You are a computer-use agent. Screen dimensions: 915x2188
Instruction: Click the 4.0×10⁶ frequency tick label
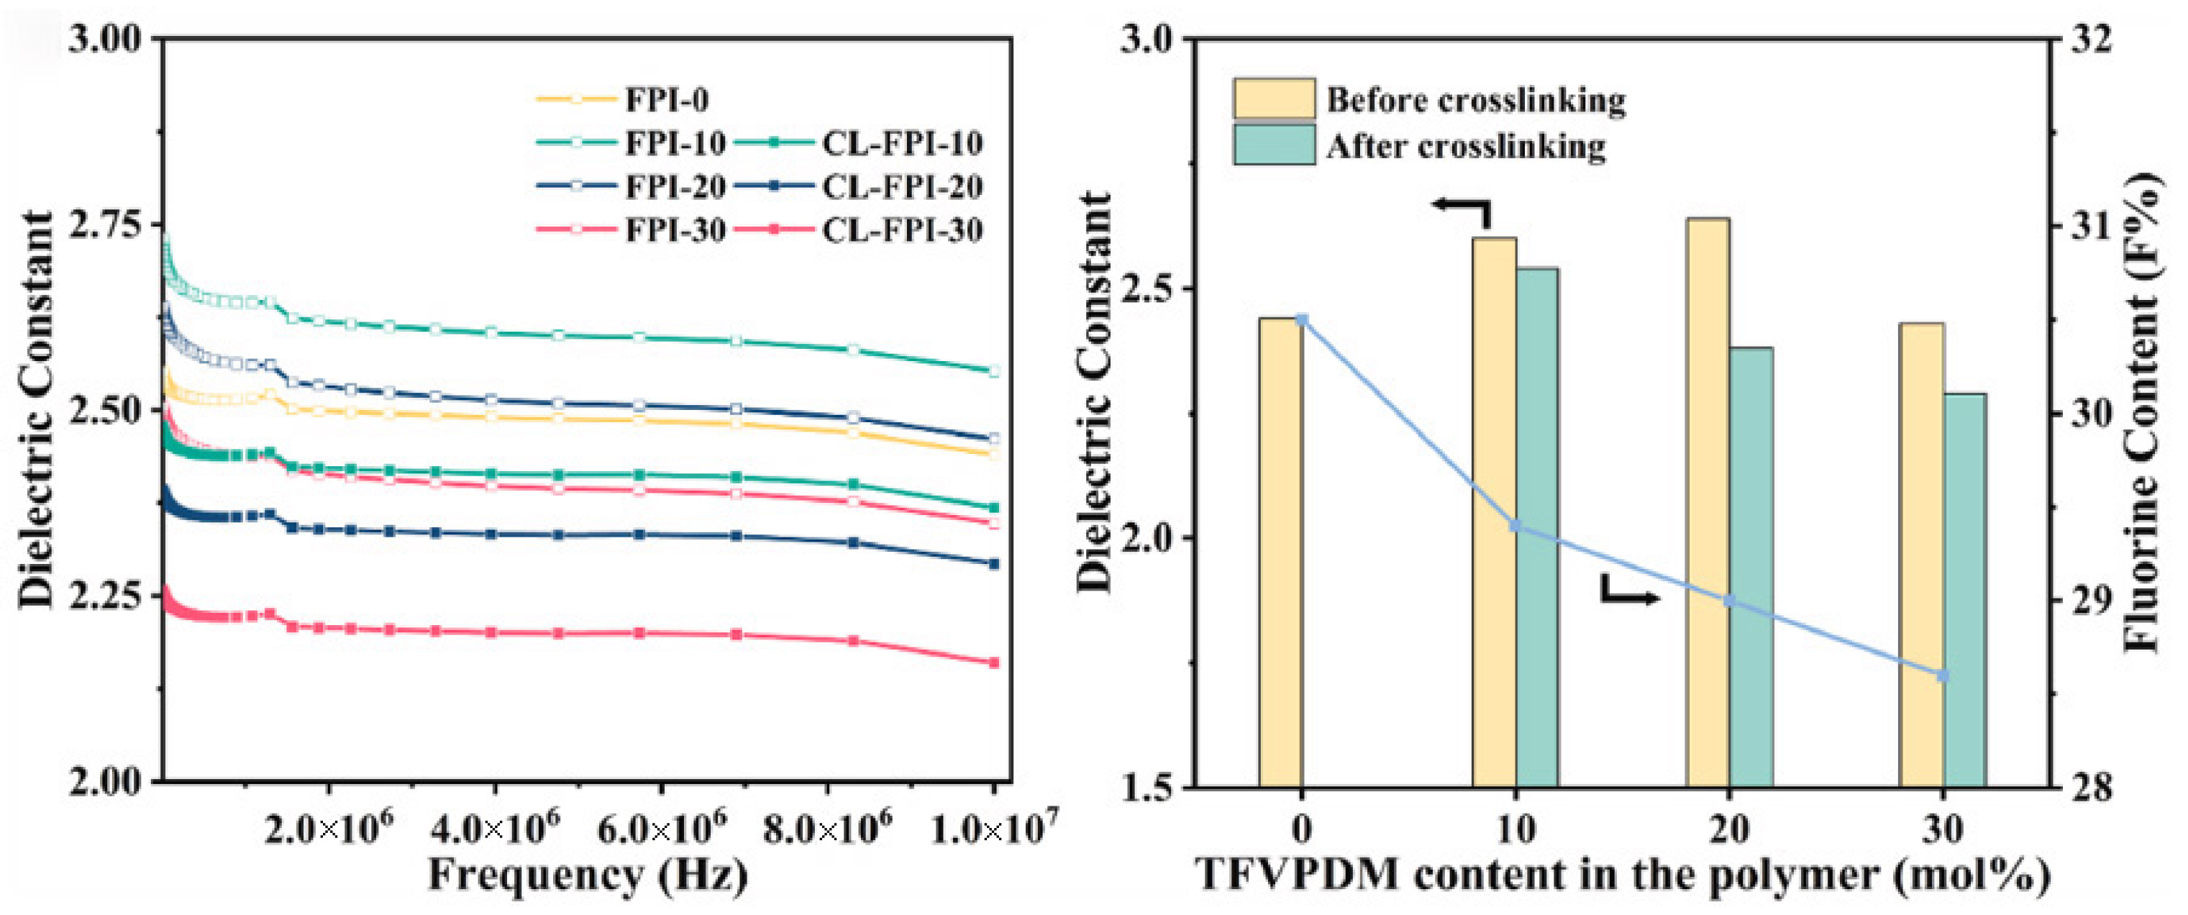(495, 829)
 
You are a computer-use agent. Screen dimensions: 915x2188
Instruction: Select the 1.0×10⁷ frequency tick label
(994, 829)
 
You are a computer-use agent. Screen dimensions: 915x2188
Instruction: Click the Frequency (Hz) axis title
(588, 875)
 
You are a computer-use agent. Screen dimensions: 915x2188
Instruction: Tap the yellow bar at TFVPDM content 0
(1280, 552)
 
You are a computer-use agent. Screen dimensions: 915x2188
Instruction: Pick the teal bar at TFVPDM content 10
(1537, 527)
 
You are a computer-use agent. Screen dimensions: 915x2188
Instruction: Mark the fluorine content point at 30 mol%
(1943, 675)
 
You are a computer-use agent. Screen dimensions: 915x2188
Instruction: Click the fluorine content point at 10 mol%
(1515, 526)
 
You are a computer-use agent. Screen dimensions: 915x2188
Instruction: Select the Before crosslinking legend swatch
(1274, 99)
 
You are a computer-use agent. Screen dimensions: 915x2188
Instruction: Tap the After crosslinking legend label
(1466, 146)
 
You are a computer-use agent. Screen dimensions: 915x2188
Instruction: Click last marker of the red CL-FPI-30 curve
(994, 663)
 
